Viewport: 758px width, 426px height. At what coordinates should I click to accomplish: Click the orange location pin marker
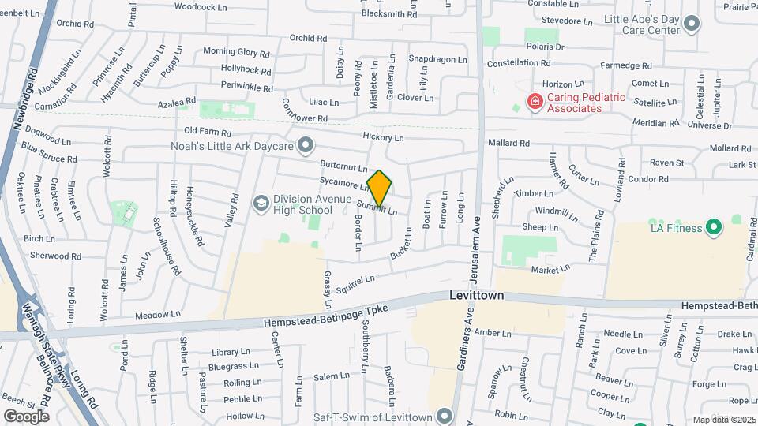click(x=380, y=189)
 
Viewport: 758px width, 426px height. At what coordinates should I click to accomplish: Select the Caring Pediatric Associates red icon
click(x=535, y=101)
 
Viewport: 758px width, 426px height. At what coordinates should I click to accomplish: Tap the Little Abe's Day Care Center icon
click(x=692, y=24)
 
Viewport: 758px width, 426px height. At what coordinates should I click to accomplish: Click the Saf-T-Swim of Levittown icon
click(x=445, y=416)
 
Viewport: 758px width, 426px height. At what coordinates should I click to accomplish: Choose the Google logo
click(x=26, y=416)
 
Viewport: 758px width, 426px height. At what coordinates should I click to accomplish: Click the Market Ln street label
click(x=550, y=270)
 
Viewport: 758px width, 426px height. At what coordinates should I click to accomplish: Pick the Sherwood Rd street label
click(x=55, y=256)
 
